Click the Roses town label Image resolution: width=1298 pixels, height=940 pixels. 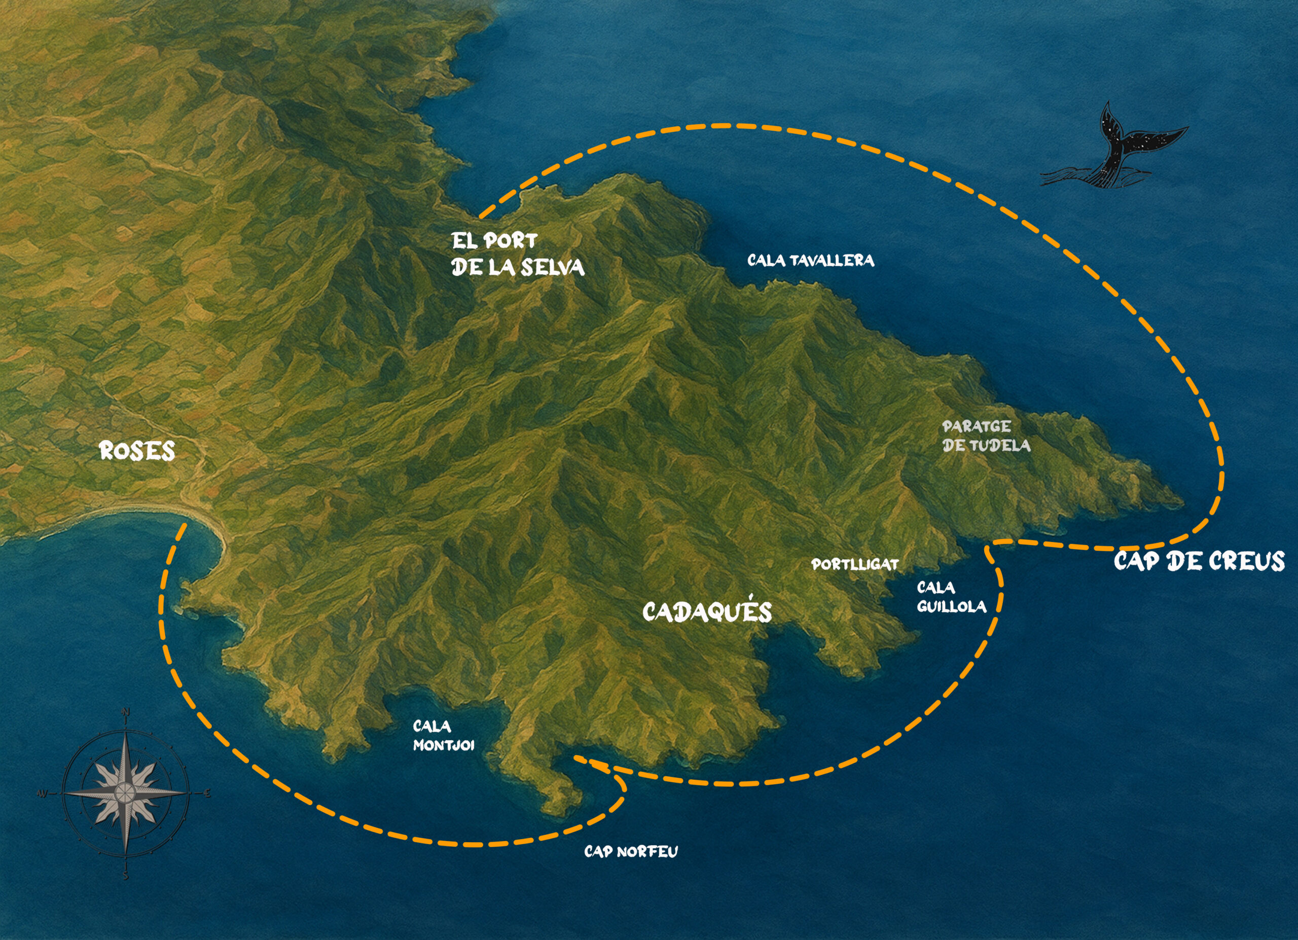(137, 451)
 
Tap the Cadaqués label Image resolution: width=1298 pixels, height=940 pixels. (707, 612)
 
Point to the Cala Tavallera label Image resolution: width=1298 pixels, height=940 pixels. (810, 261)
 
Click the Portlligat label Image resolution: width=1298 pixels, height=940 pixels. (855, 565)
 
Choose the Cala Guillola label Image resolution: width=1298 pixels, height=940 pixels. (951, 597)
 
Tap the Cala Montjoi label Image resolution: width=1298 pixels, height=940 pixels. (444, 736)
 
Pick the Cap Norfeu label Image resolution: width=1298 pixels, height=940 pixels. (631, 852)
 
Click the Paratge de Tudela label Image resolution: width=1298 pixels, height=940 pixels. (986, 436)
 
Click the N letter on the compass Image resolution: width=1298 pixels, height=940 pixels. (126, 712)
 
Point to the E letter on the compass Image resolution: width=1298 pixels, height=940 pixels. (207, 793)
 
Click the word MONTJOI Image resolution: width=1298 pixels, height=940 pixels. (444, 745)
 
